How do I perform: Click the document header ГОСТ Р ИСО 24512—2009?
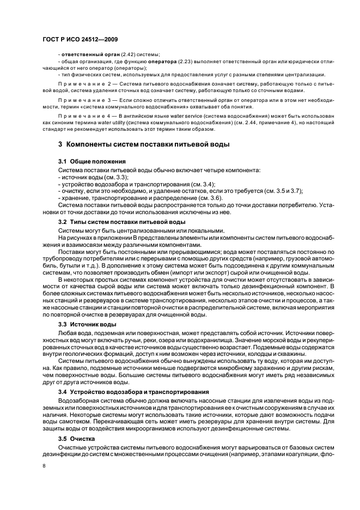pyautogui.click(x=81, y=39)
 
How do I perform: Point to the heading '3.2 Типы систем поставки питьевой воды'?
pyautogui.click(x=122, y=222)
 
